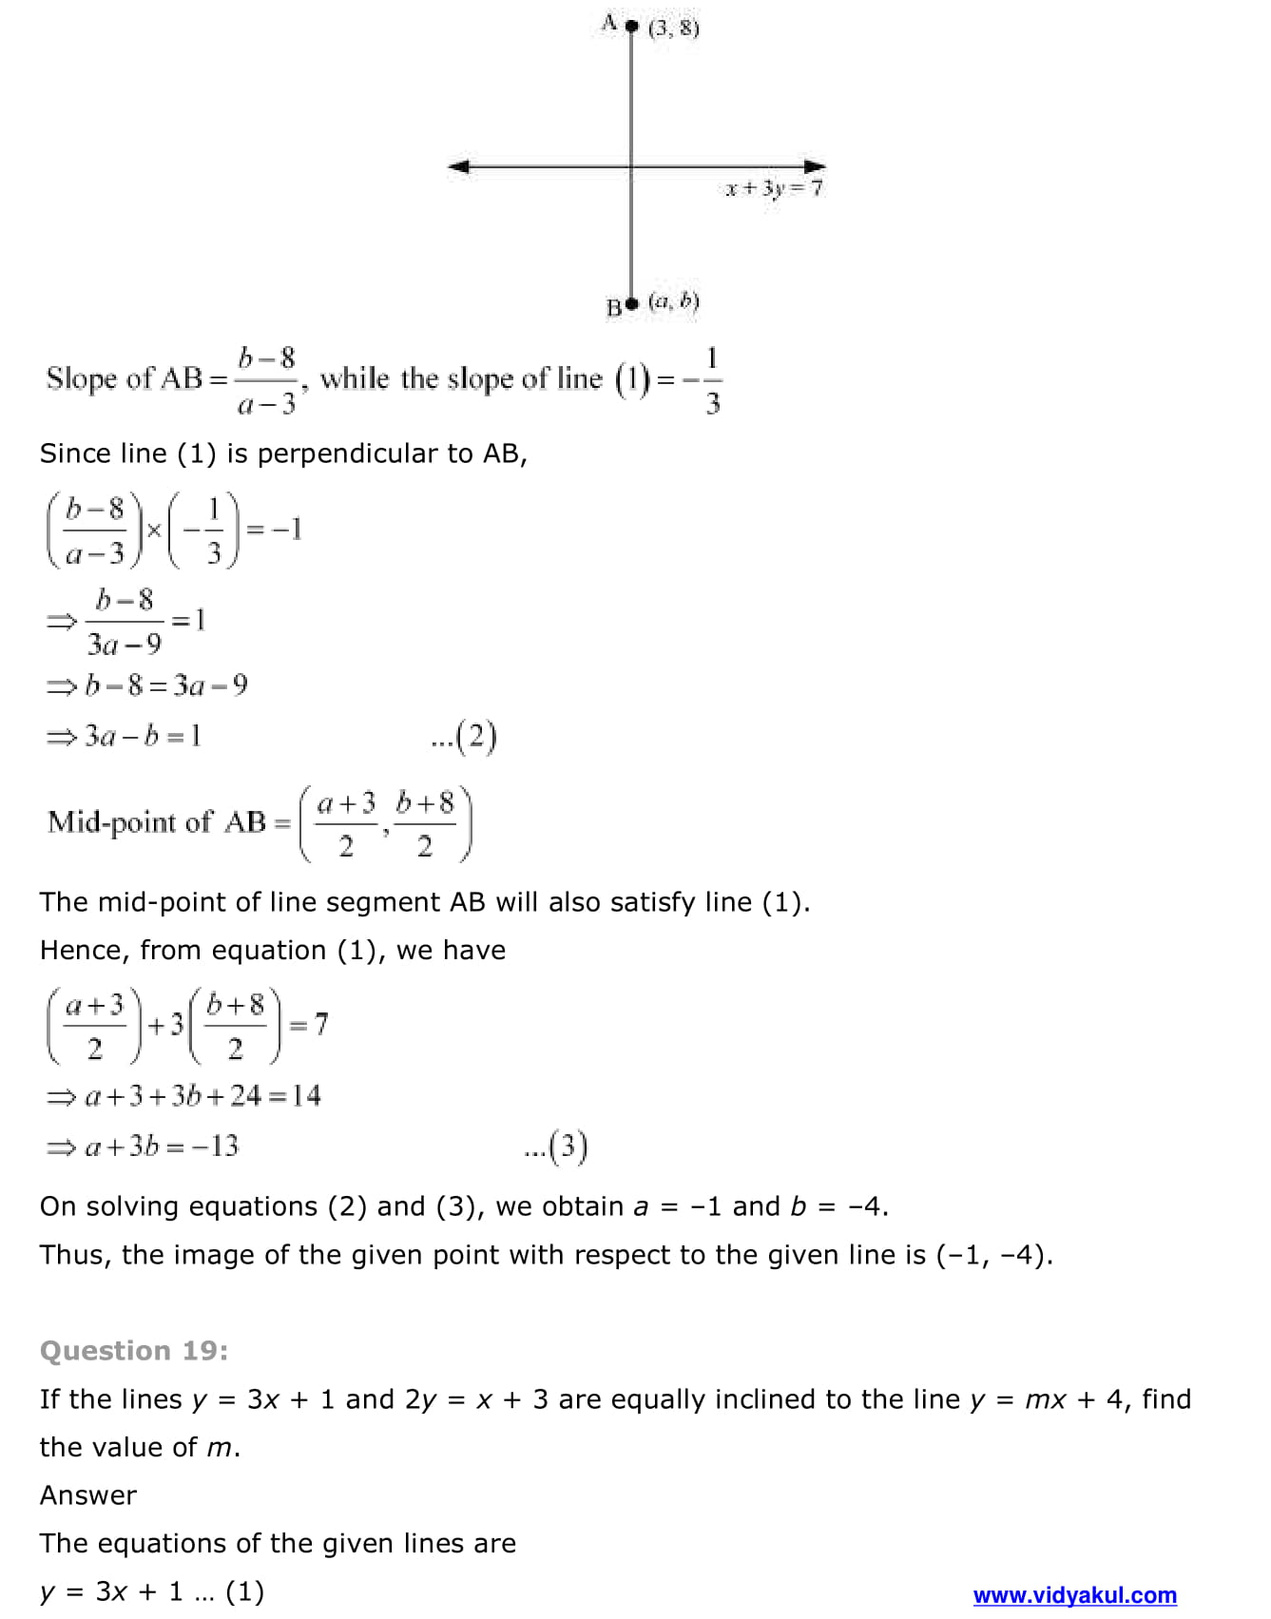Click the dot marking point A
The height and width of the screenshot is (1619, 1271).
pos(632,26)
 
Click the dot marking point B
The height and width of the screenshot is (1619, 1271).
pos(633,304)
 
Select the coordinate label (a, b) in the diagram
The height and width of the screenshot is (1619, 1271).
pos(673,302)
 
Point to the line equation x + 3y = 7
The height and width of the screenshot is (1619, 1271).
pos(774,188)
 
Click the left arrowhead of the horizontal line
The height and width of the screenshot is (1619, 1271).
pos(458,167)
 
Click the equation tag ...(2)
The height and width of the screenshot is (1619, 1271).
pos(464,737)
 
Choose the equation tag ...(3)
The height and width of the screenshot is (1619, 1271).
pos(556,1147)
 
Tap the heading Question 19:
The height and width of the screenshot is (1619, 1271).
pos(134,1351)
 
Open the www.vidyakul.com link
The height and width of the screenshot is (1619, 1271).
pos(1074,1595)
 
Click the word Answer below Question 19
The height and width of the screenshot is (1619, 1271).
pos(88,1495)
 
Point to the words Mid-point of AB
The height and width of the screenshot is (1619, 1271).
pos(157,821)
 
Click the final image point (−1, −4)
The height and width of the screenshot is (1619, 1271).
pos(994,1256)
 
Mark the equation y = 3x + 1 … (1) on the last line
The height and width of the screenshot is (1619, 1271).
pos(152,1591)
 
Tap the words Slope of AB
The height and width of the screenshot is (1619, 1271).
pos(125,378)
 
